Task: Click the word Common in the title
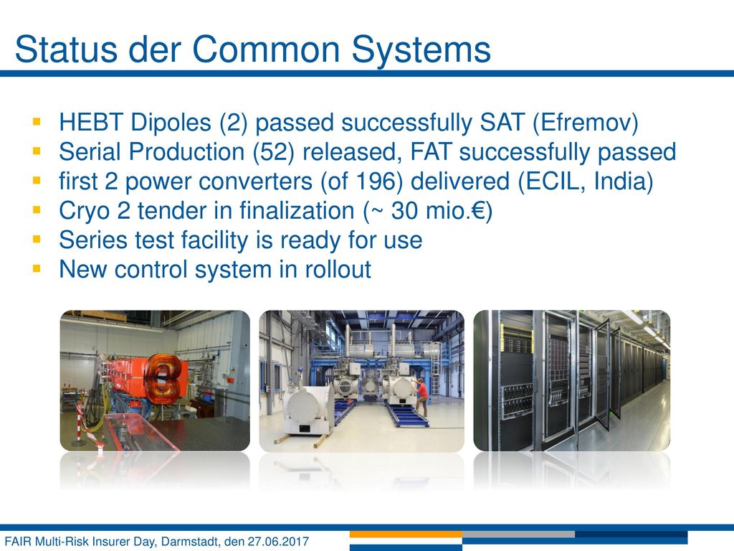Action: click(x=265, y=50)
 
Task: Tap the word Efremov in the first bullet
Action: click(x=586, y=123)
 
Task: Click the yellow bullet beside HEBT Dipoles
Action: click(x=37, y=122)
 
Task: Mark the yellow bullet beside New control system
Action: click(x=37, y=269)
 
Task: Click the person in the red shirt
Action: click(x=421, y=396)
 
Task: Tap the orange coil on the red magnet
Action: click(x=163, y=375)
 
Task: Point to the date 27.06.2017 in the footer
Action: click(x=278, y=542)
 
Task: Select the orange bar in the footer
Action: click(x=406, y=534)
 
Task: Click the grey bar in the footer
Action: click(x=519, y=534)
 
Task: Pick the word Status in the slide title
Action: click(x=66, y=50)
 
